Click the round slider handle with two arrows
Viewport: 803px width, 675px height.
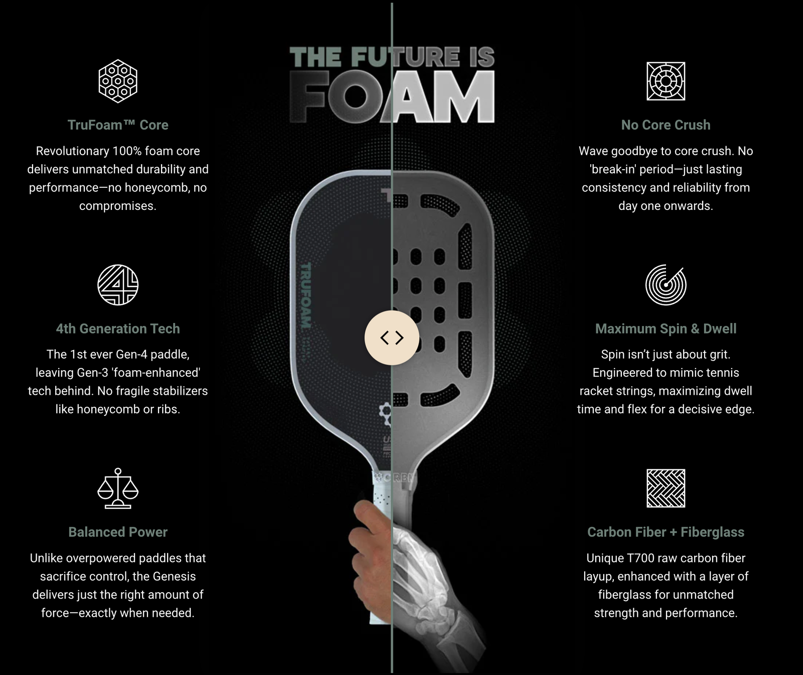click(391, 338)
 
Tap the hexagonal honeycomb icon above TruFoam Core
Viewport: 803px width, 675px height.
click(118, 81)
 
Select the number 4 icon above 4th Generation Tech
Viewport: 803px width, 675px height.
click(118, 285)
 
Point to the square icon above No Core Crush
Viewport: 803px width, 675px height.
click(665, 81)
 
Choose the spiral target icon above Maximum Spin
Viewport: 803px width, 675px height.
click(665, 285)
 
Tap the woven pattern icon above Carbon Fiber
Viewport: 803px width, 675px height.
click(665, 488)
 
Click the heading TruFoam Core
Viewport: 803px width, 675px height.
click(118, 125)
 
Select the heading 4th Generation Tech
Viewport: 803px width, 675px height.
click(118, 328)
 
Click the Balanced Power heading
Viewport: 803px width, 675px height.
click(118, 532)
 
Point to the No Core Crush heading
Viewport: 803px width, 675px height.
click(665, 125)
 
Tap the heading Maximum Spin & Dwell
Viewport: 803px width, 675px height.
click(665, 328)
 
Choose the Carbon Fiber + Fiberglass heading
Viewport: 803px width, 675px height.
click(665, 532)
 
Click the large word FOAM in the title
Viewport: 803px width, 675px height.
click(392, 97)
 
